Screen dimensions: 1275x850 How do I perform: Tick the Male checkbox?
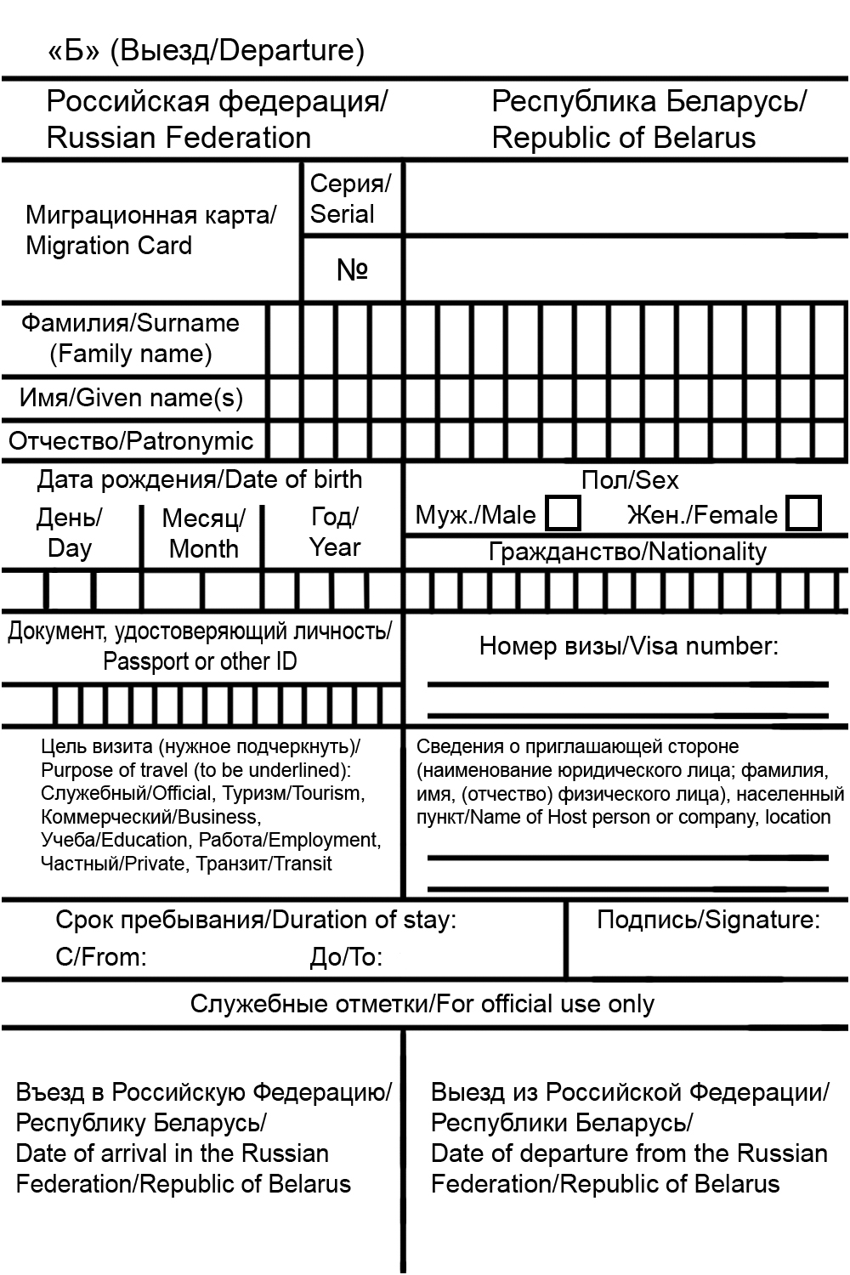(x=563, y=513)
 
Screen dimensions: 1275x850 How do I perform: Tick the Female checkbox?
(x=803, y=513)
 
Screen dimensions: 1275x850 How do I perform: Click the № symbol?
(x=352, y=269)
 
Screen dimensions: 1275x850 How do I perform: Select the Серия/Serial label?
(x=350, y=198)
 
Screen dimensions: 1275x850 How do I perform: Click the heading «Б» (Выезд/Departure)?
(x=207, y=50)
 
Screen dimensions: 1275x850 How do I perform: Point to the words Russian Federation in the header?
(x=178, y=138)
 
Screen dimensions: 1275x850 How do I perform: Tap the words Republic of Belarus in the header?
(x=623, y=138)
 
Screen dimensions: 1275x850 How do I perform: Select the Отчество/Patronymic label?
(x=131, y=441)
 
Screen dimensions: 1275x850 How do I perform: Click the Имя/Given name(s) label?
(x=131, y=398)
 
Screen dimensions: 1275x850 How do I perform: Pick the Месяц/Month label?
(x=204, y=533)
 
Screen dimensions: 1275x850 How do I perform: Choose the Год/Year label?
(x=335, y=532)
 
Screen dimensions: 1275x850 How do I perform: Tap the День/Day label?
(x=70, y=533)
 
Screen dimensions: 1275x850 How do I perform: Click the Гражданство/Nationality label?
(x=627, y=552)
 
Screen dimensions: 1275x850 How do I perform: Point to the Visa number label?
(x=628, y=646)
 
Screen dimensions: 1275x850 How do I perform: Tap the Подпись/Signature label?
(x=708, y=920)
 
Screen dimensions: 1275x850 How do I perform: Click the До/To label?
(x=345, y=958)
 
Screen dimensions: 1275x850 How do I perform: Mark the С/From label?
(x=101, y=958)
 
